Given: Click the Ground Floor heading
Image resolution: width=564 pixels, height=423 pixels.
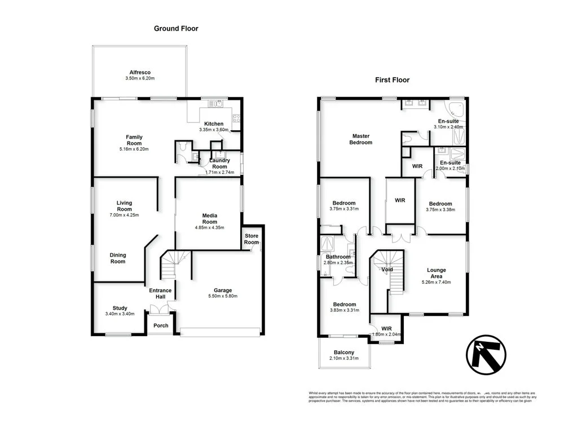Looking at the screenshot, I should pos(176,28).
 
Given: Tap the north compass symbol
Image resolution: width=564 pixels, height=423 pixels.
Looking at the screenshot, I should pos(485,356).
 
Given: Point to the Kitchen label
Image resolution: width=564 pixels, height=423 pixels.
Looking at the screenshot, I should pos(214,124).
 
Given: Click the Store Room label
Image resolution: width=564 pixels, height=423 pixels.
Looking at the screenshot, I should pos(251,240).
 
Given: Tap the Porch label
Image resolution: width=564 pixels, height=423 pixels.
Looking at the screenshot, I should pos(161,325).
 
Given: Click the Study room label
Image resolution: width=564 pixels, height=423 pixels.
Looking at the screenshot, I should pos(120,308).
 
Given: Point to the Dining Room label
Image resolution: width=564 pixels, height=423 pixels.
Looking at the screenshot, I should pos(117,258).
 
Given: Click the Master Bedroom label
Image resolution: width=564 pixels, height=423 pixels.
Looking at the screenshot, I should pos(362,139).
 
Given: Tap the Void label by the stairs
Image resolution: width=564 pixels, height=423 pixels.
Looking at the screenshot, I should pos(387,270).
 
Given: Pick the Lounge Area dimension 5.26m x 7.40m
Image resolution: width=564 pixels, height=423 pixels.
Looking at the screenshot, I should pos(436,282).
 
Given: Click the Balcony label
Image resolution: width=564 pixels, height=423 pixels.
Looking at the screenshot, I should pos(344,352).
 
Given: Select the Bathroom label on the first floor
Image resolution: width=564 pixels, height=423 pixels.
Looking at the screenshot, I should pos(337,257).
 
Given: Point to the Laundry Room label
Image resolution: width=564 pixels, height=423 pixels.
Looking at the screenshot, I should pos(219,164).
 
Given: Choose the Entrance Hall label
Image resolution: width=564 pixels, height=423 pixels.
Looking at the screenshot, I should pos(160,294).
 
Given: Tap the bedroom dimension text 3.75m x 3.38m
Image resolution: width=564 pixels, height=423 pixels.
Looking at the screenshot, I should pos(440,210).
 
